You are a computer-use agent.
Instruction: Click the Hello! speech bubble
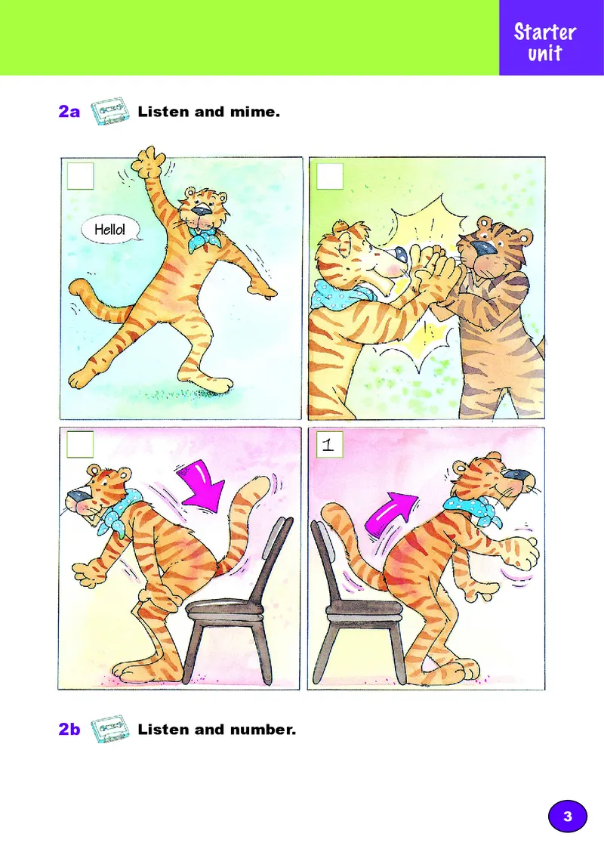(x=111, y=230)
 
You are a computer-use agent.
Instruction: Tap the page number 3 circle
(x=567, y=816)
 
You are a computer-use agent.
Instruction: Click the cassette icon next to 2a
(x=110, y=111)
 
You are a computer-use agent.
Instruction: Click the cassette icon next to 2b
(x=110, y=729)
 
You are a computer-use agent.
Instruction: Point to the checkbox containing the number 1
(x=329, y=445)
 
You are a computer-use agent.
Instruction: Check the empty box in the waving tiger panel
(x=81, y=176)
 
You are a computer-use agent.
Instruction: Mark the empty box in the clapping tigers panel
(x=330, y=176)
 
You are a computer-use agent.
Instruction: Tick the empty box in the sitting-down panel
(x=80, y=445)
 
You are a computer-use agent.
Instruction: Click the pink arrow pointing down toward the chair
(x=202, y=485)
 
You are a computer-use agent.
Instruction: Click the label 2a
(x=69, y=112)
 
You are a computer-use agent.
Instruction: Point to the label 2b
(x=69, y=730)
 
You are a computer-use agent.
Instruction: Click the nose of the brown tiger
(x=481, y=248)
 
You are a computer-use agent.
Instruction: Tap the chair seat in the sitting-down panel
(x=224, y=610)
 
